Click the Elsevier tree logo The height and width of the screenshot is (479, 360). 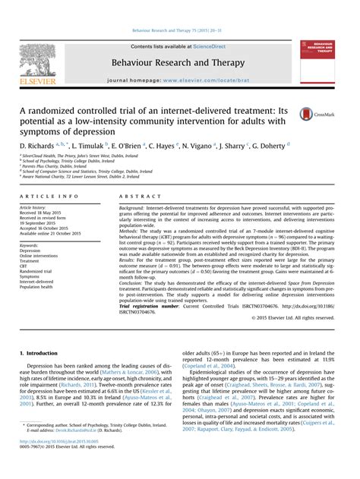tap(38, 60)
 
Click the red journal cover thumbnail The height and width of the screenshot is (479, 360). tap(320, 60)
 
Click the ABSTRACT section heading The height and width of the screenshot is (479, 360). tap(136, 195)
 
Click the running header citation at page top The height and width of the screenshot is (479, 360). tap(179, 31)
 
